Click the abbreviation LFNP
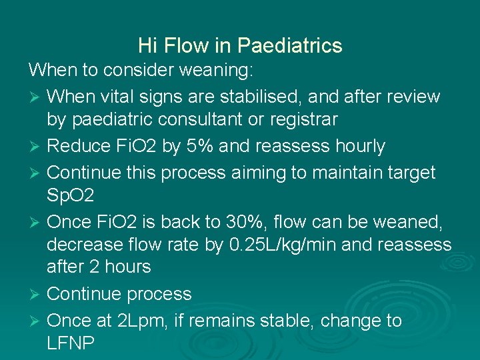point(71,344)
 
